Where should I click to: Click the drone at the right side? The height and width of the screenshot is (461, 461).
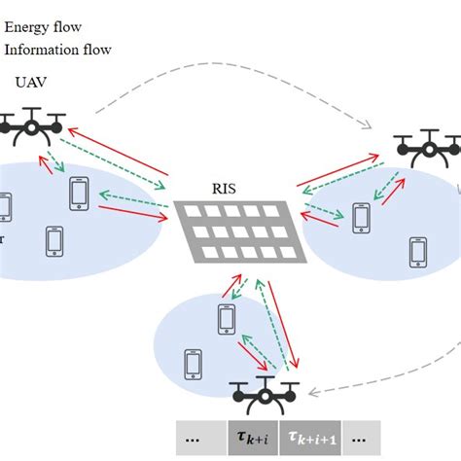coord(427,148)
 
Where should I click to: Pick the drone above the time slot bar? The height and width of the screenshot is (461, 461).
coord(264,396)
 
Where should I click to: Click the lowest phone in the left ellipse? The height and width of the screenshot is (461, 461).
coord(54,239)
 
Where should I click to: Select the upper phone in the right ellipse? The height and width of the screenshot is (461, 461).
coord(362,217)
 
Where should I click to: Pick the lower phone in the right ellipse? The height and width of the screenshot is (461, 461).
coord(418,251)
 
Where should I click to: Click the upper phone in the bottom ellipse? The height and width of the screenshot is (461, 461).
coord(227,318)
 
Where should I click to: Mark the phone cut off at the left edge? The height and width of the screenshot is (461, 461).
coord(5,206)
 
